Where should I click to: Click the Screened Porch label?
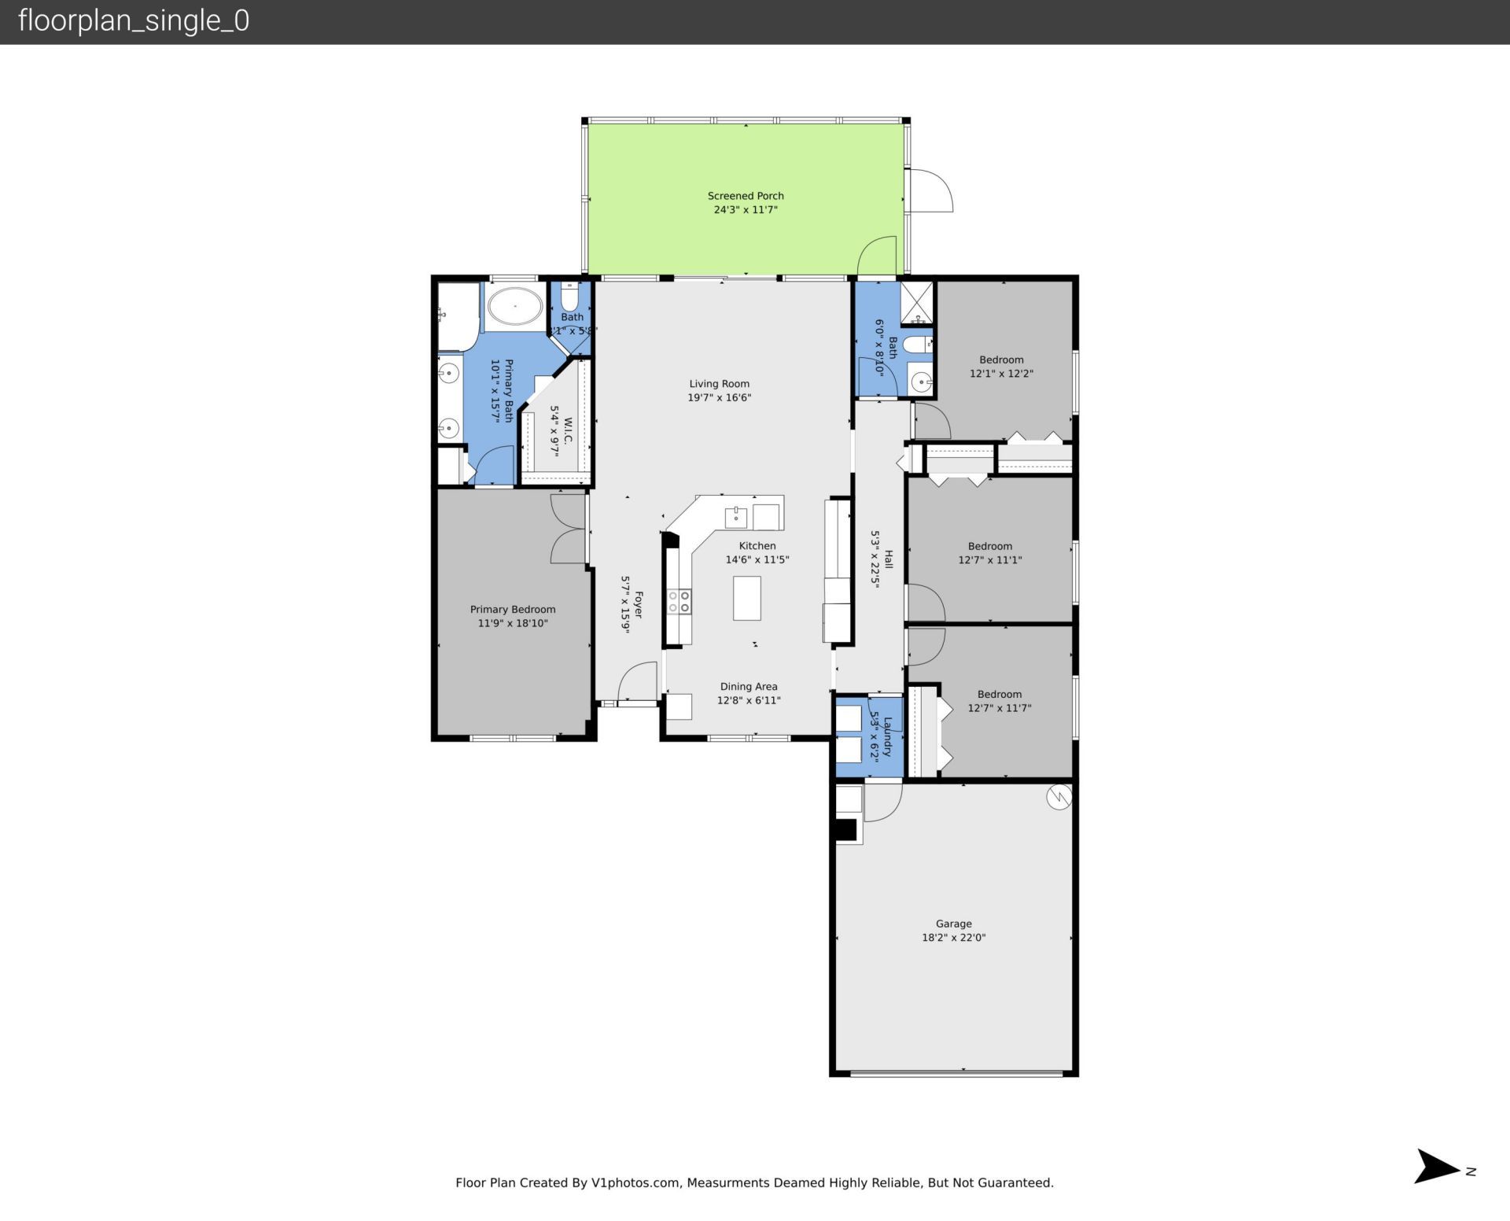(745, 196)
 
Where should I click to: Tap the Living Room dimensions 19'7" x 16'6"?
(719, 398)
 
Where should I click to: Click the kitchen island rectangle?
(746, 598)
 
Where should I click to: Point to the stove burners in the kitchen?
(679, 602)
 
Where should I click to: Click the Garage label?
(953, 924)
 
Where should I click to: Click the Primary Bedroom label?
(513, 610)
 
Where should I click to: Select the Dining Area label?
(748, 687)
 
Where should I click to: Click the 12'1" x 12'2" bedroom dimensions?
(1000, 374)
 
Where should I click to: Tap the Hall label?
(889, 559)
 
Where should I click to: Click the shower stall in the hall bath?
(916, 303)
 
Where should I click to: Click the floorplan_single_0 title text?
(134, 20)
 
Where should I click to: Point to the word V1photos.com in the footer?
(635, 1182)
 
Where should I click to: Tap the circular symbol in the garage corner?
(1059, 797)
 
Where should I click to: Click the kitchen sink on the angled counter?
(736, 518)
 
